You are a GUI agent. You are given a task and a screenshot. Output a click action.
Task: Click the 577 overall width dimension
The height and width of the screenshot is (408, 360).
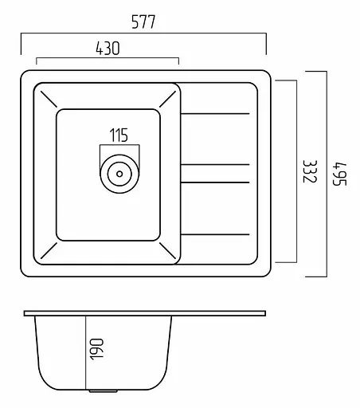143,22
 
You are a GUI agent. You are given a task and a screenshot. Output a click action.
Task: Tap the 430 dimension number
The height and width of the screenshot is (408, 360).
108,49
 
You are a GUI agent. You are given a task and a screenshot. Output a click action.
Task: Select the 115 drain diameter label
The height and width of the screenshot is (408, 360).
119,135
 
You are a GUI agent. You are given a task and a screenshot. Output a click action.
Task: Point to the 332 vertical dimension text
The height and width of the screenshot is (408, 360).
310,171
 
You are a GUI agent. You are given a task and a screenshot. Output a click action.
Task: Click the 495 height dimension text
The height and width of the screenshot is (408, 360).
339,174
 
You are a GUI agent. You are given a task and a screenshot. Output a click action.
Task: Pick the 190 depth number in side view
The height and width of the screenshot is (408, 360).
96,349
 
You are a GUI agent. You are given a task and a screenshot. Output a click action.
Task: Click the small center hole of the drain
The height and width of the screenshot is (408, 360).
119,174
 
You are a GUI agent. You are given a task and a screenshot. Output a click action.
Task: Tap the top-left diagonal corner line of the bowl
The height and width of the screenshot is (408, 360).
49,99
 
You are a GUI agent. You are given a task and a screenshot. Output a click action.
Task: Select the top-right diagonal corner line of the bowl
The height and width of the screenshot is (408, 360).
167,99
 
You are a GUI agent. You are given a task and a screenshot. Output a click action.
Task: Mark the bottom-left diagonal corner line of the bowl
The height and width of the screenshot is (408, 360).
49,250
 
